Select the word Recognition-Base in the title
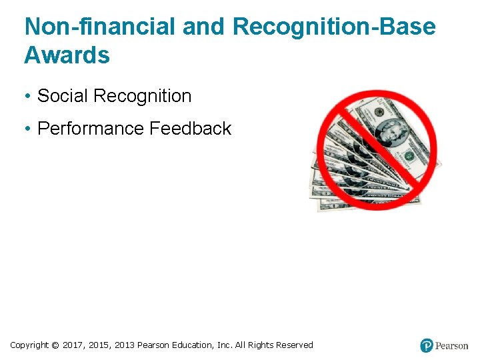[334, 27]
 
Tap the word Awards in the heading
[67, 55]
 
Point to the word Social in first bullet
[63, 96]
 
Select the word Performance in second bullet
[91, 128]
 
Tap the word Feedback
[190, 128]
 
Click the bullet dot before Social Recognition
[28, 97]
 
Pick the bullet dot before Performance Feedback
[28, 129]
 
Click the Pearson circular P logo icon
[427, 345]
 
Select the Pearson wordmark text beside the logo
[451, 346]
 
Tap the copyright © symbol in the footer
[55, 345]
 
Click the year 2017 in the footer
[73, 345]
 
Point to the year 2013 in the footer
[125, 345]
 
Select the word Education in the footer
[193, 345]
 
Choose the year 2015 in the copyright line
[99, 345]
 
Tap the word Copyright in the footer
[29, 345]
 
